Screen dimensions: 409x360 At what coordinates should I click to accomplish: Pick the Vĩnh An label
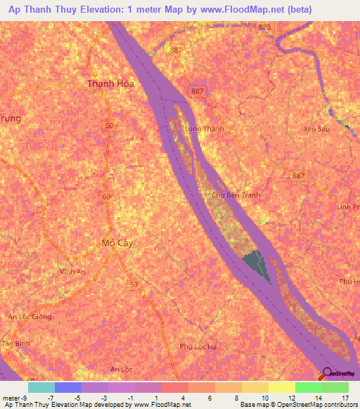tap(72, 272)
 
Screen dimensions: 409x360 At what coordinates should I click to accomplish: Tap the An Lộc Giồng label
tap(30, 317)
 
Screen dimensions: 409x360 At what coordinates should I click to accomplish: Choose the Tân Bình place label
tap(15, 342)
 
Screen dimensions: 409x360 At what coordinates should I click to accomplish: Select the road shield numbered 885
tap(264, 27)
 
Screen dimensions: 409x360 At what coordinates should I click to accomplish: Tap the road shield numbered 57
tap(133, 285)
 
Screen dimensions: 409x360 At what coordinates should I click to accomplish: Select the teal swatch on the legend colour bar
tap(41, 387)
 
